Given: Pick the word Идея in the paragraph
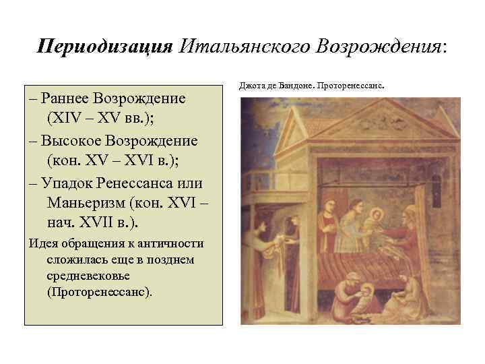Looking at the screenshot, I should [x=44, y=243].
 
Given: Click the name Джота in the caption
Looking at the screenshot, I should [x=251, y=87].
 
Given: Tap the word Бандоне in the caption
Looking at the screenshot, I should [x=290, y=87].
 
